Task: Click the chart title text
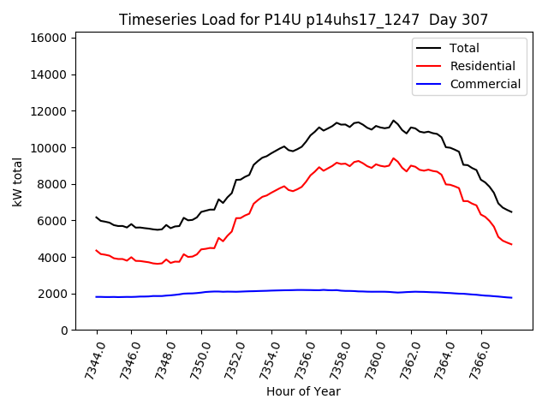(303, 20)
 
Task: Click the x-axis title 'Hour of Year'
(303, 391)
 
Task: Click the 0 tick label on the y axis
(64, 331)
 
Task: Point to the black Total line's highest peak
(394, 121)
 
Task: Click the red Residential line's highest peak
(394, 158)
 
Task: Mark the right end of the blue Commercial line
(511, 298)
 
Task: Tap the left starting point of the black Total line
(97, 217)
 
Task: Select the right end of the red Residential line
(511, 245)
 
